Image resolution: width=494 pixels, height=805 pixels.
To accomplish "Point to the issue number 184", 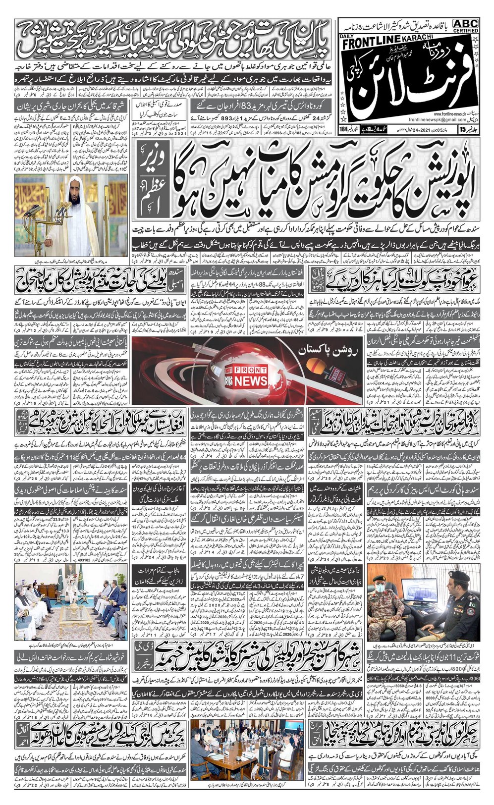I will click(343, 144).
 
